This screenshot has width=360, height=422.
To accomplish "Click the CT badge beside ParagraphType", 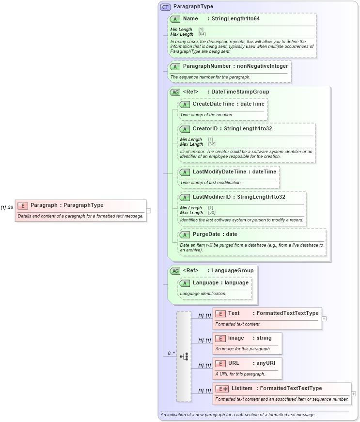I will click(165, 7).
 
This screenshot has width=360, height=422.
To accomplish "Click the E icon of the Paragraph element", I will click(22, 205).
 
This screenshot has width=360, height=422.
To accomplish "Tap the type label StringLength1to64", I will click(235, 18).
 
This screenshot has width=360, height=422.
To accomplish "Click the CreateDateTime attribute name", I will click(214, 104).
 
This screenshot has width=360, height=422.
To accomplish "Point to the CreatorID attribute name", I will click(204, 128).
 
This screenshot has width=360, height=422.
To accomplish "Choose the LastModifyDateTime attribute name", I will click(219, 172).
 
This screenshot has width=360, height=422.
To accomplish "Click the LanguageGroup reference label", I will click(232, 270).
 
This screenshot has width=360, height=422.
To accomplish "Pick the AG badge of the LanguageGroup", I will click(175, 271).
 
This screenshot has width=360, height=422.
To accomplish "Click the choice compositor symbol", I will click(184, 356).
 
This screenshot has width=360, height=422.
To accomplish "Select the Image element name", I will click(236, 338).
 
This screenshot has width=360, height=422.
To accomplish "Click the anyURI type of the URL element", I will click(266, 363).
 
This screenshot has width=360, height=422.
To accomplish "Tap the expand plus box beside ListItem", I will click(354, 394).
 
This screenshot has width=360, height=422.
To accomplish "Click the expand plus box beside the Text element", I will click(324, 318).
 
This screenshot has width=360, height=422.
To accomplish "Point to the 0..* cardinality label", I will click(172, 353).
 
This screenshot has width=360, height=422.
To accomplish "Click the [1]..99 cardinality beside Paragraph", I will click(7, 207).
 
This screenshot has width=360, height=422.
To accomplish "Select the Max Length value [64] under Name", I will click(202, 34).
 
